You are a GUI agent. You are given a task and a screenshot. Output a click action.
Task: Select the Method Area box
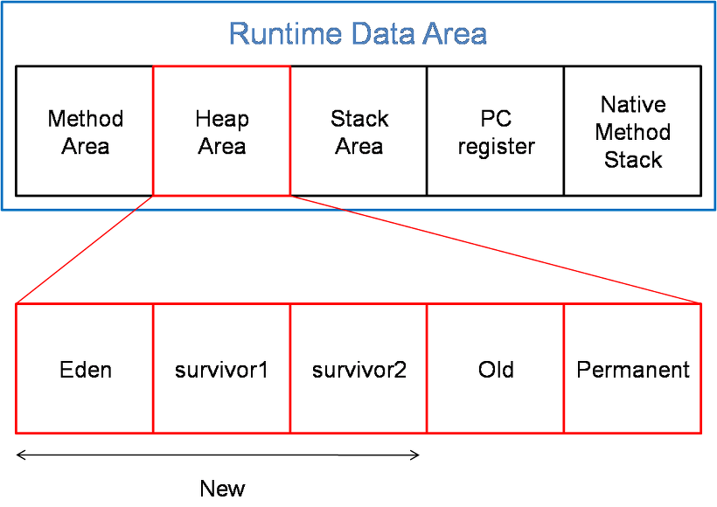coord(85,131)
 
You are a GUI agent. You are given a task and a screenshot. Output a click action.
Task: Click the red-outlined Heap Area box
coord(222,131)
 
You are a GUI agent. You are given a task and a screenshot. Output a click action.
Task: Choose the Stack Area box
coord(358,131)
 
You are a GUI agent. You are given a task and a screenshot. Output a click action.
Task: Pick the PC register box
coord(496,131)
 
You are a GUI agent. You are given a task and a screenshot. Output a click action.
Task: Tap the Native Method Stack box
coord(633,131)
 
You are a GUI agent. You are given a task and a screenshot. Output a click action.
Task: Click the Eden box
coord(85,369)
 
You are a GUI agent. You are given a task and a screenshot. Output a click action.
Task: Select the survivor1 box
coord(222,369)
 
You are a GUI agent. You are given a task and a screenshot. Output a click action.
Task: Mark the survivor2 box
coord(358,369)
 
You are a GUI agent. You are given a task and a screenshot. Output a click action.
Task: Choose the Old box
coord(496,369)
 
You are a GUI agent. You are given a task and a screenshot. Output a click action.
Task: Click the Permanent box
coord(633,369)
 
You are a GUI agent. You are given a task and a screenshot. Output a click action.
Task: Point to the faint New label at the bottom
coord(224,488)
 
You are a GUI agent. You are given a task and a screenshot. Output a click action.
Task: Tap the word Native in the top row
coord(633,105)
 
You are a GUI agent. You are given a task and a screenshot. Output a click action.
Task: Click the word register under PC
coord(496,146)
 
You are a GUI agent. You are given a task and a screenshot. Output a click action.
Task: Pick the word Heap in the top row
coord(222,118)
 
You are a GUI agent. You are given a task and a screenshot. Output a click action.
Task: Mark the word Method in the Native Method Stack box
coord(633,132)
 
